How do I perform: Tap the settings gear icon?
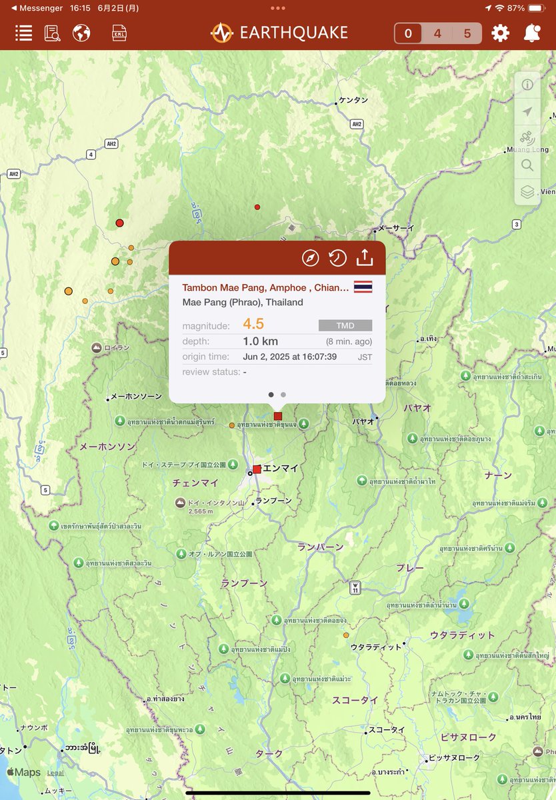tap(500, 33)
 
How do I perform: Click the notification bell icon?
tap(531, 33)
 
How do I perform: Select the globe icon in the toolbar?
tap(81, 33)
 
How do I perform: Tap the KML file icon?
tap(119, 33)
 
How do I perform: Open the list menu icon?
tap(24, 33)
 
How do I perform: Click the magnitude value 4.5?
tap(253, 325)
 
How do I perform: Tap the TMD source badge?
tap(345, 325)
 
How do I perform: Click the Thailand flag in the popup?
tap(363, 287)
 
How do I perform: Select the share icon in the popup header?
tap(364, 258)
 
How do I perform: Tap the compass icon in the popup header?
tap(311, 258)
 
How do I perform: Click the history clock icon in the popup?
tap(337, 258)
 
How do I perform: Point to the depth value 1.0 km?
tap(261, 341)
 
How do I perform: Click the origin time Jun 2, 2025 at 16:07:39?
tap(290, 357)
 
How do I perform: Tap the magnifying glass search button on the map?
tap(527, 165)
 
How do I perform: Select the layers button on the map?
tap(527, 192)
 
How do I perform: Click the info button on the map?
tap(527, 85)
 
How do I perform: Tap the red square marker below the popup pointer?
tap(278, 416)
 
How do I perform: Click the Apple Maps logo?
tap(24, 773)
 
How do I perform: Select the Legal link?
tap(55, 773)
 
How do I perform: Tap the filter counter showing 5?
tap(467, 33)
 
